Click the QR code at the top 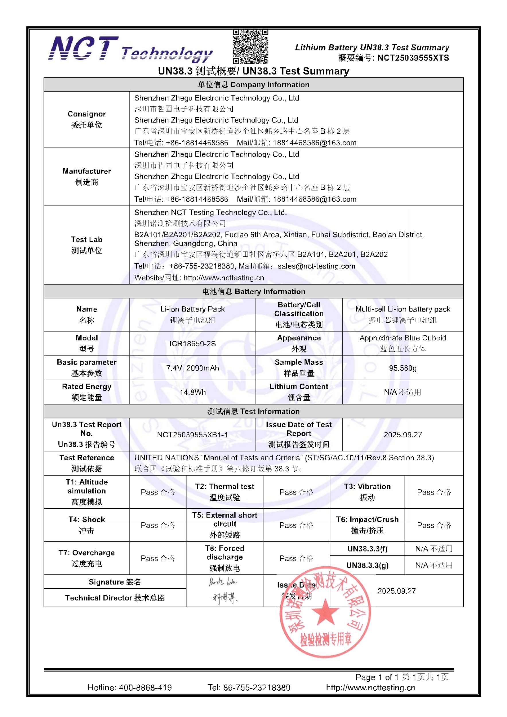pos(250,46)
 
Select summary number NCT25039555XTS pos(413,58)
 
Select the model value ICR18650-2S pos(193,344)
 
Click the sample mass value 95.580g pos(402,368)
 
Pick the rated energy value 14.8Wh pos(193,392)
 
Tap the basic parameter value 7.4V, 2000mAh pos(193,368)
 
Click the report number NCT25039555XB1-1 pos(193,435)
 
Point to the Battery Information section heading pos(253,291)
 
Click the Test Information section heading pos(253,411)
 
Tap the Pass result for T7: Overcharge pos(158,558)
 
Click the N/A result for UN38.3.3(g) pos(434,565)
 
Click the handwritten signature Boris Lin pos(223,582)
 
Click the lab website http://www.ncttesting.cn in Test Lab pos(224,278)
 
